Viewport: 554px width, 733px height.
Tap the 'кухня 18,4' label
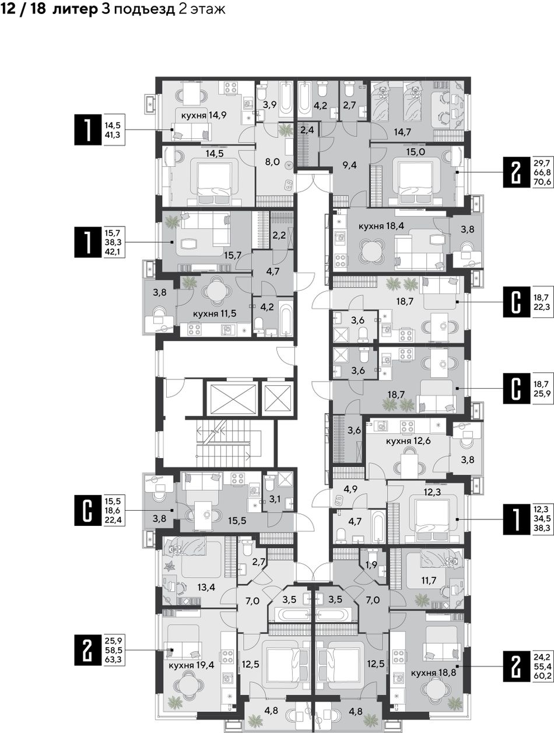(x=381, y=226)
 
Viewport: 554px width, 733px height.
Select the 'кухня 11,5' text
(x=215, y=313)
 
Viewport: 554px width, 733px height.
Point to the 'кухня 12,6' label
(x=408, y=441)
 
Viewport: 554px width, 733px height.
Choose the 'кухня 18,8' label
(x=433, y=672)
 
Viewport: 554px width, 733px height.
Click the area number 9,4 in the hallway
(x=349, y=165)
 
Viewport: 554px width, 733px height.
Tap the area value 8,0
(x=272, y=162)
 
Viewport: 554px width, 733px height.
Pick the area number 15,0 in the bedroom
(x=416, y=152)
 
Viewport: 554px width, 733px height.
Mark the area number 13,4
(x=205, y=586)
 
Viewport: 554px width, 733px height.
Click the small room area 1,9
(x=371, y=564)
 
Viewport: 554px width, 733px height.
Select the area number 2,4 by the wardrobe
(x=307, y=130)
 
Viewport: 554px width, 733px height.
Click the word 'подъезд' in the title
(x=145, y=10)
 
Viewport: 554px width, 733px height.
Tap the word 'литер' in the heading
(x=75, y=9)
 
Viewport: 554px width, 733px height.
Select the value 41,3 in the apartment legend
(x=113, y=135)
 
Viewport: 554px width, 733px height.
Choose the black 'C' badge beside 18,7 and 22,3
(x=516, y=302)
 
